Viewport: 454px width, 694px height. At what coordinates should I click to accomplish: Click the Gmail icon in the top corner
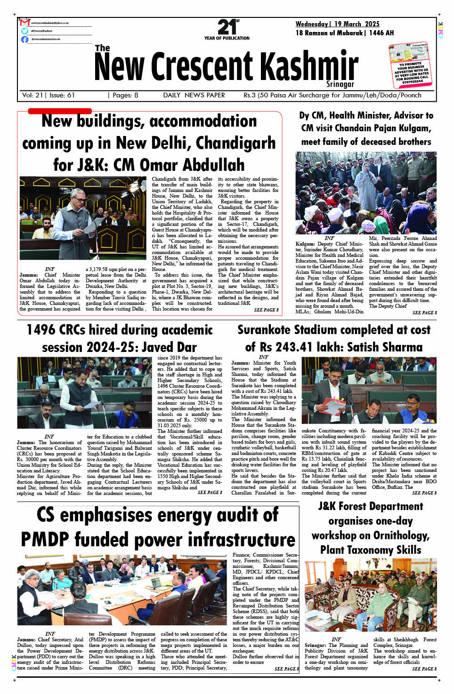(x=25, y=23)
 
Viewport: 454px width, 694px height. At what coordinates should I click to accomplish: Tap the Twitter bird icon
(x=24, y=31)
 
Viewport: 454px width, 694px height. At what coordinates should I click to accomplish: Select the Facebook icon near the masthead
(x=24, y=40)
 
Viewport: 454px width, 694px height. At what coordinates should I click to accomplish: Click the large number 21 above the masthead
(x=227, y=27)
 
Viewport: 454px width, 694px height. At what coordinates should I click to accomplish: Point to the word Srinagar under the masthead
(x=340, y=84)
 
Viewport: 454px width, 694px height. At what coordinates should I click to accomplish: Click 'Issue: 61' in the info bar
(x=62, y=95)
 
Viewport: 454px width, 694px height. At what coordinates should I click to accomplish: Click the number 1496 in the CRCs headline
(x=42, y=330)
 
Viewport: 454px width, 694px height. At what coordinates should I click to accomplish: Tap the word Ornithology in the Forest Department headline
(x=400, y=535)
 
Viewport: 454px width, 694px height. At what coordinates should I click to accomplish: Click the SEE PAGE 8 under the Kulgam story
(x=424, y=312)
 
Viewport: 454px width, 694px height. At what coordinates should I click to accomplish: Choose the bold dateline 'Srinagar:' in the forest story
(x=316, y=645)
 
